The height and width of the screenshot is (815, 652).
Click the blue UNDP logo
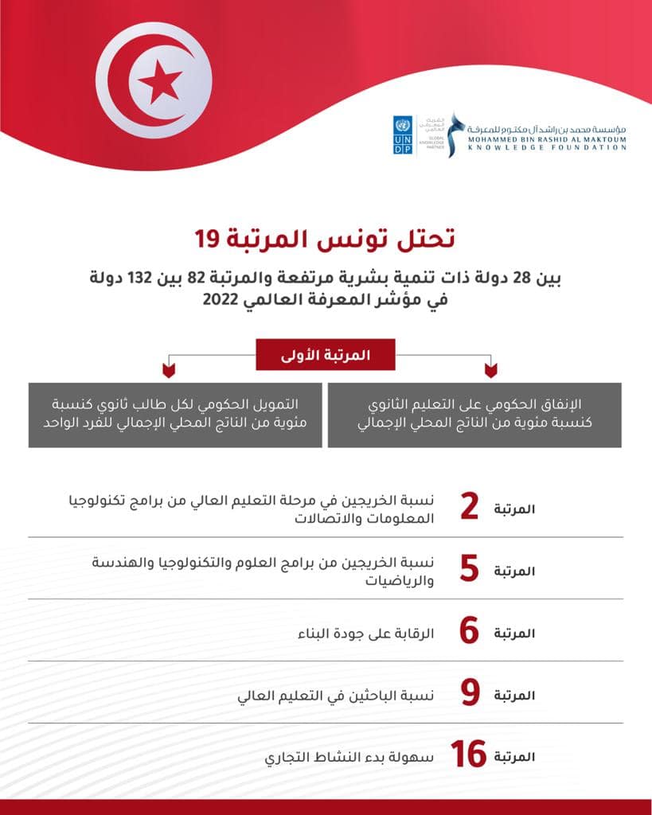point(402,135)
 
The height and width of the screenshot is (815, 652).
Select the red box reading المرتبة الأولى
point(325,355)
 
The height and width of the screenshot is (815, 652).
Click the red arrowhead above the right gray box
point(490,370)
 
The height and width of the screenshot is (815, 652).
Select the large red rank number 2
point(470,508)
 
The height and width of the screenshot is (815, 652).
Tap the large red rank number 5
point(470,570)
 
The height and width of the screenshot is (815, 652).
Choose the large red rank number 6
point(470,632)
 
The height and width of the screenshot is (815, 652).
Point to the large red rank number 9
point(470,693)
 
